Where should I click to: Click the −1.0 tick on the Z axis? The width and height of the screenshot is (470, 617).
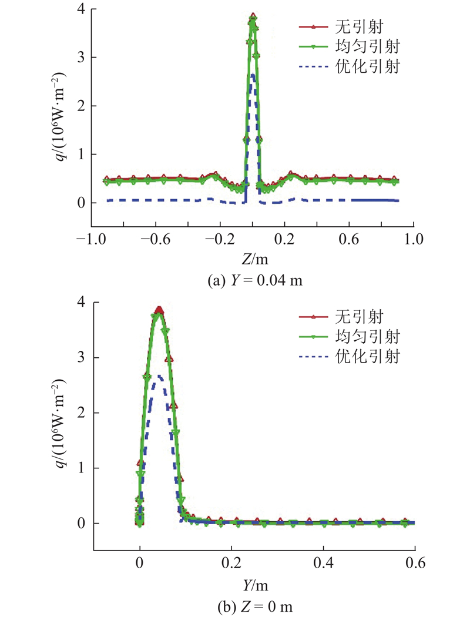click(x=91, y=240)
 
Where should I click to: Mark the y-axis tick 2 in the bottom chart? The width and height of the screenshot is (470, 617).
click(x=83, y=413)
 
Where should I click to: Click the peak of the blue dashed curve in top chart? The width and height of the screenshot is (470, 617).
click(x=253, y=74)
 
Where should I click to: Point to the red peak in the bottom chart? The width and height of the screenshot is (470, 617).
click(x=159, y=308)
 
